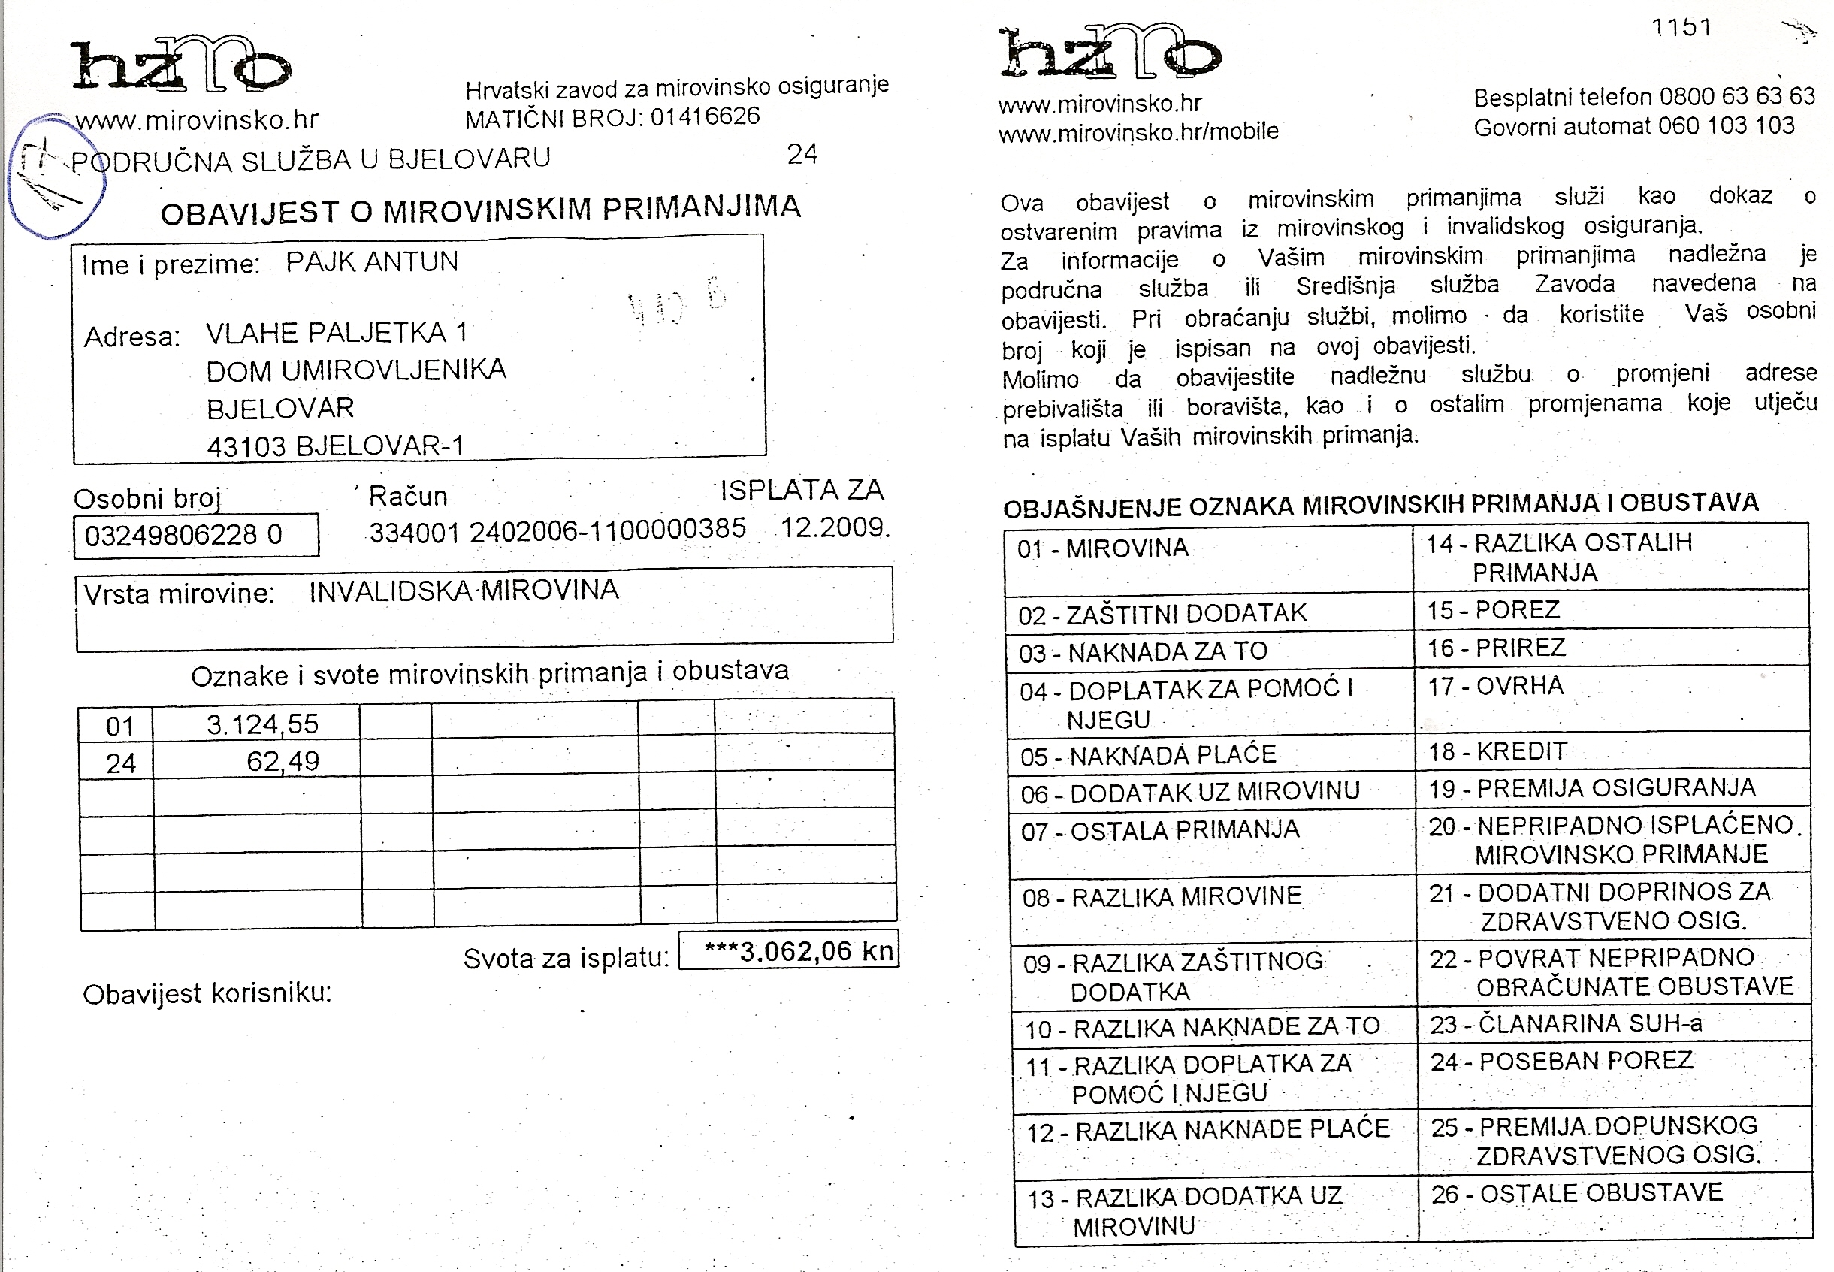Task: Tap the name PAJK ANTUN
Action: pos(371,262)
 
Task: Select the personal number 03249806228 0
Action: pos(183,535)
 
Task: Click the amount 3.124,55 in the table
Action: pos(262,724)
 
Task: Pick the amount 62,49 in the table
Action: pos(283,762)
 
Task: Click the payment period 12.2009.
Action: pos(835,527)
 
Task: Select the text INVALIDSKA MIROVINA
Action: pos(463,591)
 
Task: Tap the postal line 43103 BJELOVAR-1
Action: pos(335,446)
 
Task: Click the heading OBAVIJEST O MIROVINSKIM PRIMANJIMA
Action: pos(480,210)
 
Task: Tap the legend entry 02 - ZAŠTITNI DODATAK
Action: pos(1162,614)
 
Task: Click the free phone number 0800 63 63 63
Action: pos(1737,96)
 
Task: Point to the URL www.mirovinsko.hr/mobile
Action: pos(1138,131)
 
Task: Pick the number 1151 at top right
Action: pos(1681,27)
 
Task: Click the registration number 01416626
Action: pos(705,117)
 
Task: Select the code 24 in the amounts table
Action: pos(120,763)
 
